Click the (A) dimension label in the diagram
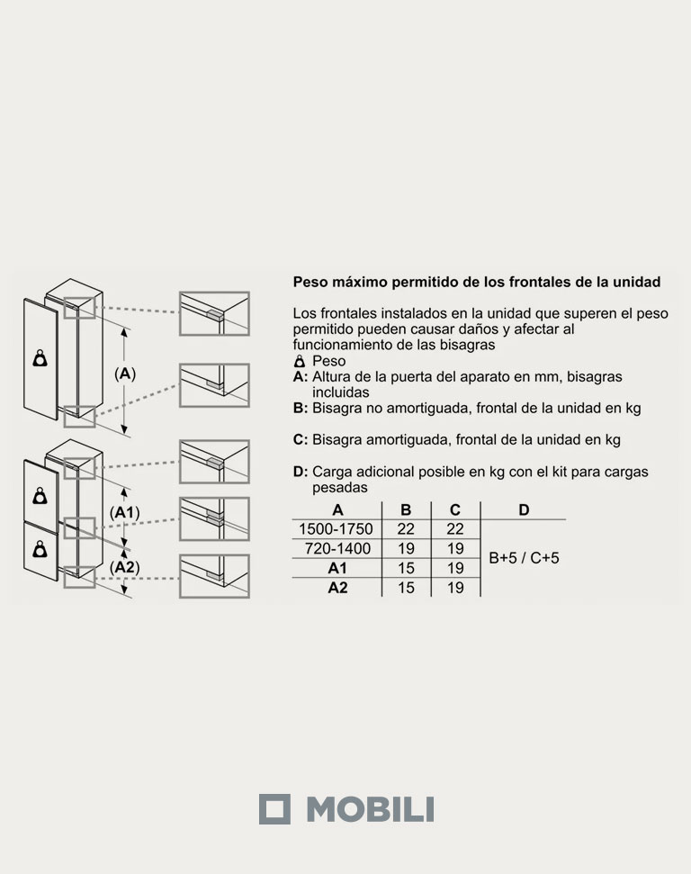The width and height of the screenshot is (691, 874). click(x=125, y=374)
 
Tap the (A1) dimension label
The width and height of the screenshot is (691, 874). click(x=125, y=510)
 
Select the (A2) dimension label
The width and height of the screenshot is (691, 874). click(x=125, y=567)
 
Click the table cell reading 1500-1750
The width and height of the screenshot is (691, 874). click(x=335, y=529)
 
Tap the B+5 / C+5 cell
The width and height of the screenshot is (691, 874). click(x=524, y=558)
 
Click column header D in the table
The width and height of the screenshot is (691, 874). click(x=524, y=510)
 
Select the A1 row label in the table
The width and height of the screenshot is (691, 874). click(x=337, y=568)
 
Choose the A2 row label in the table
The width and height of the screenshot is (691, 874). click(x=337, y=587)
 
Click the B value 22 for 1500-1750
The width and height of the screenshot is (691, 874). click(x=406, y=529)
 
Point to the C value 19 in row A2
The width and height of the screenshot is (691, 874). click(x=455, y=587)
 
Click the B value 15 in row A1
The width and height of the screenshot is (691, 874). click(x=406, y=568)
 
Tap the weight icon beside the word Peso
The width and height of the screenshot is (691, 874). click(x=300, y=361)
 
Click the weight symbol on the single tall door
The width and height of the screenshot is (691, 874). click(x=40, y=358)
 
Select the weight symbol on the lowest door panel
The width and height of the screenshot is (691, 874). click(x=40, y=549)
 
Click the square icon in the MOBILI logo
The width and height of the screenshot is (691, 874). click(x=275, y=808)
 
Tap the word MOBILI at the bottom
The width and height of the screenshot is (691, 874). click(x=369, y=808)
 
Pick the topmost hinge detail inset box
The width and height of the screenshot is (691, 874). click(x=213, y=312)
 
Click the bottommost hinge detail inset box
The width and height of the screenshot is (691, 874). click(x=213, y=576)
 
